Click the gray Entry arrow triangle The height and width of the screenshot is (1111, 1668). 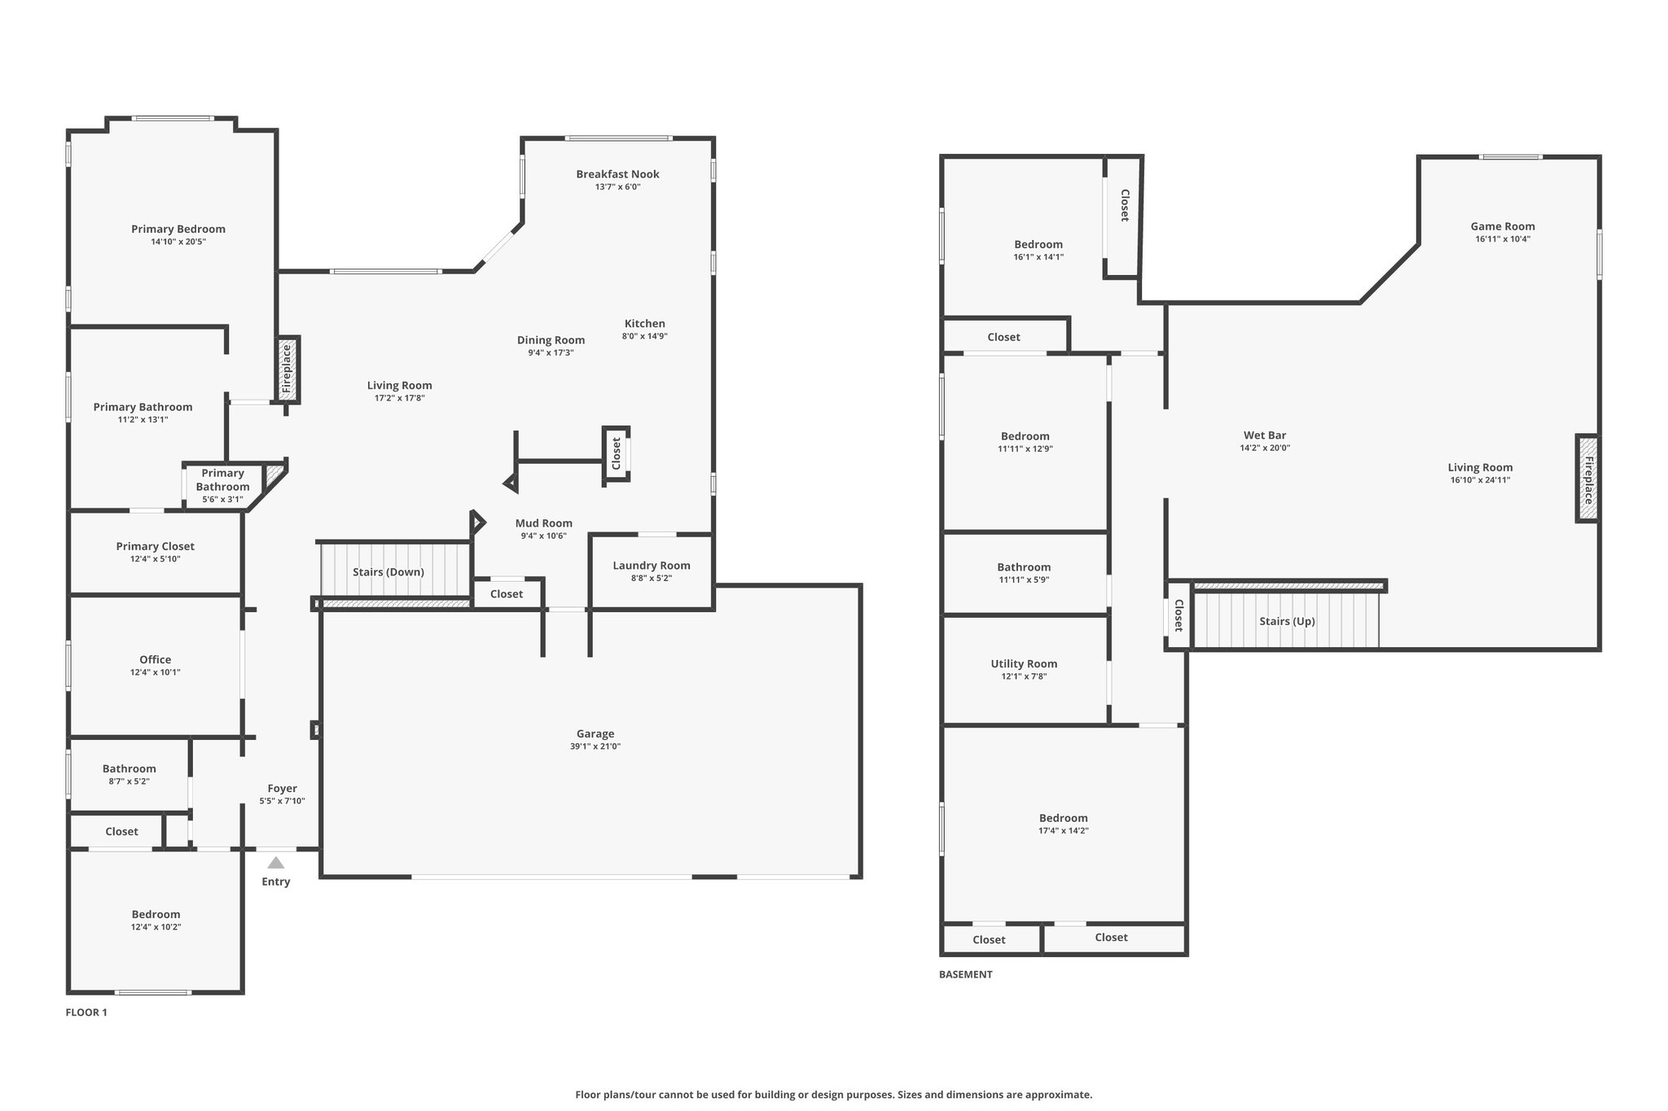click(x=276, y=863)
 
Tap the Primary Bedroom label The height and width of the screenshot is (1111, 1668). click(x=178, y=230)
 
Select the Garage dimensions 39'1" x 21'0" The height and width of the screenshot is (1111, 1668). click(x=595, y=746)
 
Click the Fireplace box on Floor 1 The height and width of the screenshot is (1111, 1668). click(x=288, y=370)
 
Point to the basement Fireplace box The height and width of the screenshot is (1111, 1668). click(x=1587, y=479)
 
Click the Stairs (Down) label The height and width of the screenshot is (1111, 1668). click(x=388, y=572)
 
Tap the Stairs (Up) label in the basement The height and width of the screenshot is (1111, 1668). click(x=1287, y=622)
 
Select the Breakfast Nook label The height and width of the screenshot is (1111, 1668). click(x=617, y=174)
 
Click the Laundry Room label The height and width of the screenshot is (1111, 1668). click(x=652, y=566)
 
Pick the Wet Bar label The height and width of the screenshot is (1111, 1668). click(x=1265, y=435)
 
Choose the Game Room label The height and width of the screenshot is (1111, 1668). click(x=1503, y=226)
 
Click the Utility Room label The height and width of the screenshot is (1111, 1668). click(x=1024, y=664)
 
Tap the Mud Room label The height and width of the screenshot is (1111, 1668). click(x=544, y=523)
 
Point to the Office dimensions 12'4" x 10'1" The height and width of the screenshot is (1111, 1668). click(x=156, y=672)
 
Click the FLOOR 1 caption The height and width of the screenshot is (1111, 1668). click(x=86, y=1013)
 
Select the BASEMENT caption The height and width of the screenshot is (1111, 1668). click(x=966, y=974)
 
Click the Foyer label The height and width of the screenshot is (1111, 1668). click(x=283, y=789)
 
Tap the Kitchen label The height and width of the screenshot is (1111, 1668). click(x=645, y=324)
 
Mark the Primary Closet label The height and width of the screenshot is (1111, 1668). click(x=156, y=547)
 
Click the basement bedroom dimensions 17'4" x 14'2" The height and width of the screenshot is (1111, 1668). click(x=1064, y=831)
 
